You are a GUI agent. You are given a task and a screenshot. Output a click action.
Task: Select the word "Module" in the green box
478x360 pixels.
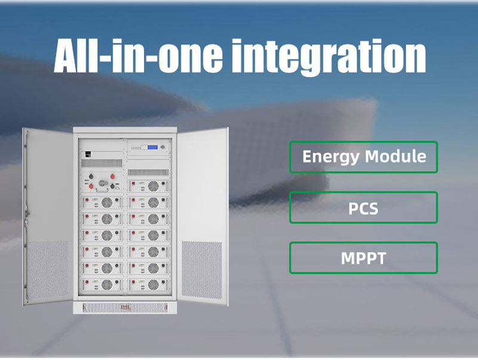[396, 156]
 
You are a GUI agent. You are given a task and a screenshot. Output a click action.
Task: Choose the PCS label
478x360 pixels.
[363, 208]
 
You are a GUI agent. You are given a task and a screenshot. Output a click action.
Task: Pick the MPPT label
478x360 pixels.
[363, 259]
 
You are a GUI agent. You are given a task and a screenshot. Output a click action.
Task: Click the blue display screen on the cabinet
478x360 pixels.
[152, 147]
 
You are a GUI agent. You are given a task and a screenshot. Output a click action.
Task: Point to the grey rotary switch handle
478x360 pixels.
[103, 183]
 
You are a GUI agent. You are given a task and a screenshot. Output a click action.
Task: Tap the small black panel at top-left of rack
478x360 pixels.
[87, 154]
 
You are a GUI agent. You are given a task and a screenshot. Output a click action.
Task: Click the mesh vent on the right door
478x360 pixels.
[202, 270]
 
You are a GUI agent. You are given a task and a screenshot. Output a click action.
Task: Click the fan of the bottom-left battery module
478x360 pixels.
[107, 285]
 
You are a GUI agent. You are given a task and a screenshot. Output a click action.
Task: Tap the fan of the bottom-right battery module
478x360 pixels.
[154, 285]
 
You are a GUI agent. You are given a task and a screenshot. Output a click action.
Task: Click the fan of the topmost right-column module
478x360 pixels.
[154, 186]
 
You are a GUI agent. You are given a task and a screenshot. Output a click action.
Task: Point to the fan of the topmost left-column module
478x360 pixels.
[107, 202]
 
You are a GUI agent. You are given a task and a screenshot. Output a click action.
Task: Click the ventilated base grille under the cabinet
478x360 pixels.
[125, 307]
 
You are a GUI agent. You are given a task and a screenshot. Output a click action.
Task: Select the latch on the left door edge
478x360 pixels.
[27, 214]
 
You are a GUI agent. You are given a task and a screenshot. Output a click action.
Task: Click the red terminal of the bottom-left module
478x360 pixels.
[87, 282]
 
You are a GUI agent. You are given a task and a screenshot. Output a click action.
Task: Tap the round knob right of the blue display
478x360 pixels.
[163, 147]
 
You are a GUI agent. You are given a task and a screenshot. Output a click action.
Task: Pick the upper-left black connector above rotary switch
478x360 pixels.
[91, 176]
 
